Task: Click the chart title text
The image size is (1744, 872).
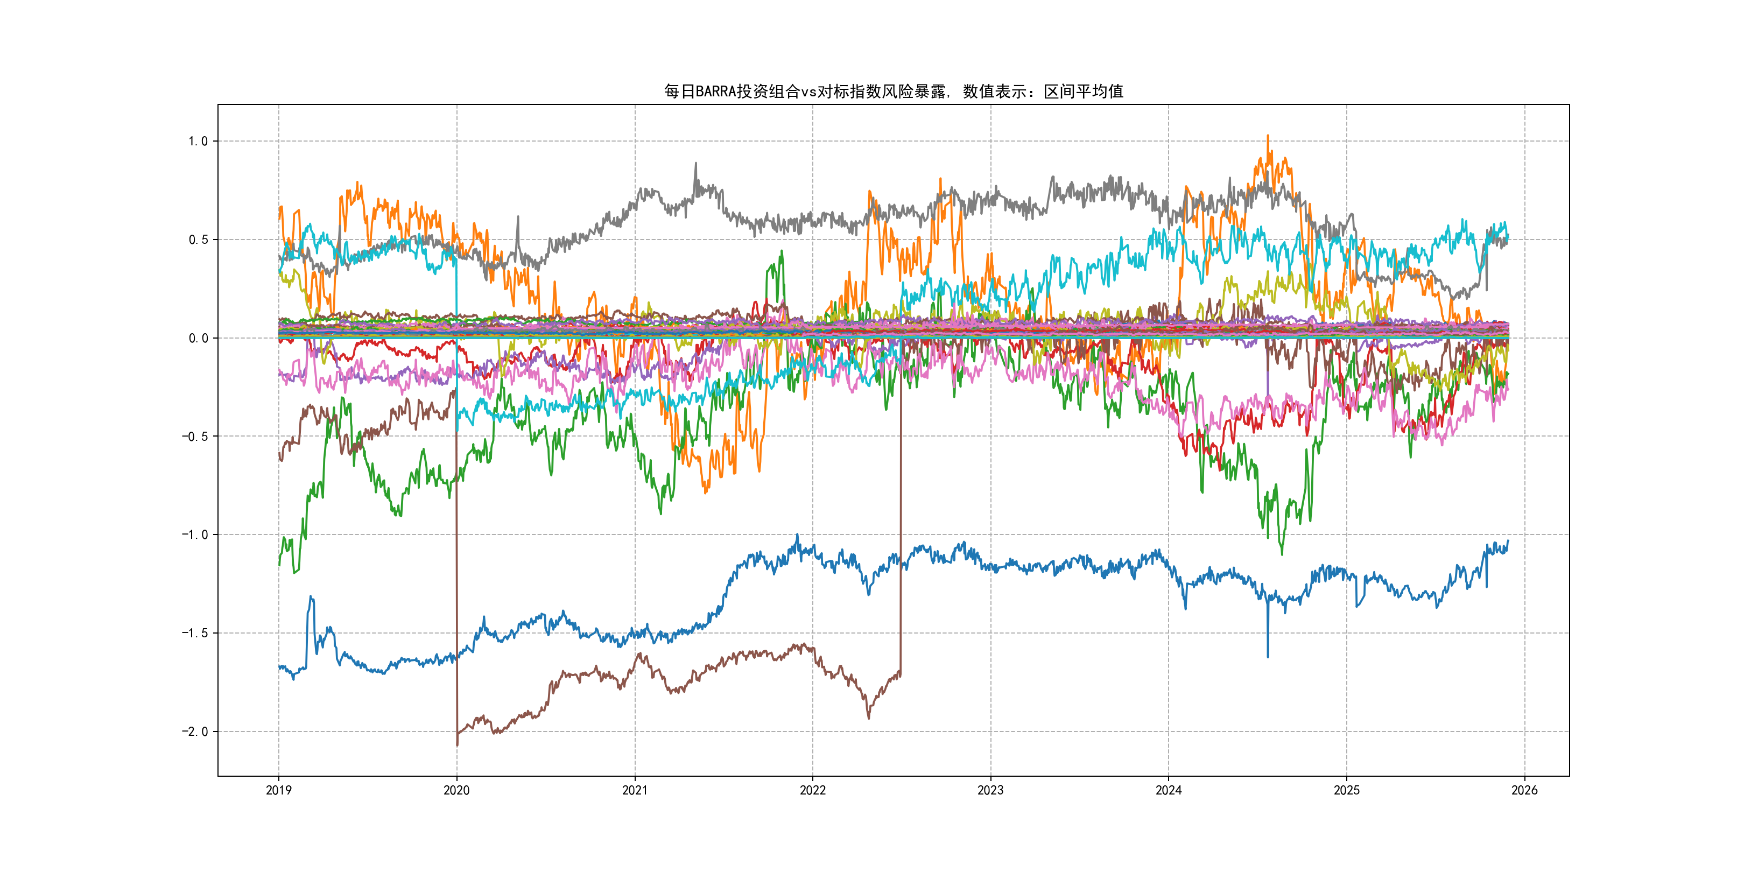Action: coord(893,92)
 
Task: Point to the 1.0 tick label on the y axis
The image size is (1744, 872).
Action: coord(198,142)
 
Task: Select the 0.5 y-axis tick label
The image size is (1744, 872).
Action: coord(198,240)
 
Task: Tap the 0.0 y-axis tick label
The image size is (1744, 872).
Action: coord(198,338)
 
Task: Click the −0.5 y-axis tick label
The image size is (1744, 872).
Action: coord(194,436)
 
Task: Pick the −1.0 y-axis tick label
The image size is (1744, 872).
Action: coord(194,535)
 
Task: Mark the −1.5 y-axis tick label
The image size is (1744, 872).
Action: coord(194,633)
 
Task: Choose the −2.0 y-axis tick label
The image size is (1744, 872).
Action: coord(194,731)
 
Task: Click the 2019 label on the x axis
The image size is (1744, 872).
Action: coord(278,790)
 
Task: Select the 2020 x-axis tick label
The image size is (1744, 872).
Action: coord(456,790)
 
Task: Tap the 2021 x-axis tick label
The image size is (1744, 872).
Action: coord(635,790)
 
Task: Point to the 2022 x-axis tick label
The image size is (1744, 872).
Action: coord(812,790)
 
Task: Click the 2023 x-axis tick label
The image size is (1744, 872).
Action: coord(990,790)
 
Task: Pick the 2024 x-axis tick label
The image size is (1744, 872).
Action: coord(1169,790)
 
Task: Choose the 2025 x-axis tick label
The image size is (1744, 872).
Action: coord(1347,790)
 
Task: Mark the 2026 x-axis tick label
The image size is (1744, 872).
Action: coord(1524,790)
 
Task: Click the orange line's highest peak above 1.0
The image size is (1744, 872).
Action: coord(1268,137)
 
